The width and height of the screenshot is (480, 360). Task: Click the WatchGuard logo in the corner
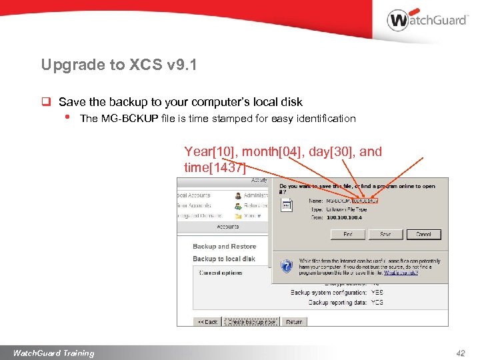point(427,20)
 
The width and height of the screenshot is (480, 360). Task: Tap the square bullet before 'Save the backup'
point(47,103)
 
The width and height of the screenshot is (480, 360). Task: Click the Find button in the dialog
point(348,234)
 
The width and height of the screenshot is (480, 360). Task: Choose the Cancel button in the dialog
point(423,234)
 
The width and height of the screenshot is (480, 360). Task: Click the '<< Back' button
point(207,321)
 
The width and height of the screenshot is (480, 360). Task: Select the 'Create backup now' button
point(251,321)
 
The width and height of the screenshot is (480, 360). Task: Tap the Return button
point(294,321)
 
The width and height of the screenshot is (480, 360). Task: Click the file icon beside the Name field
point(287,206)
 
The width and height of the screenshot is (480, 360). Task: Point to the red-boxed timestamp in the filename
point(365,200)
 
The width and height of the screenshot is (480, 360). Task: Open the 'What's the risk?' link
point(401,273)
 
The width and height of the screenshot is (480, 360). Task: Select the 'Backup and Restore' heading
point(224,247)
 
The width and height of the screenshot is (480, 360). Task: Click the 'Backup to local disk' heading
point(224,259)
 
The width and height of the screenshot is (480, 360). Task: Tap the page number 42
point(461,353)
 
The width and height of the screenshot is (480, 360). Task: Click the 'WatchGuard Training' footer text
point(53,353)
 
